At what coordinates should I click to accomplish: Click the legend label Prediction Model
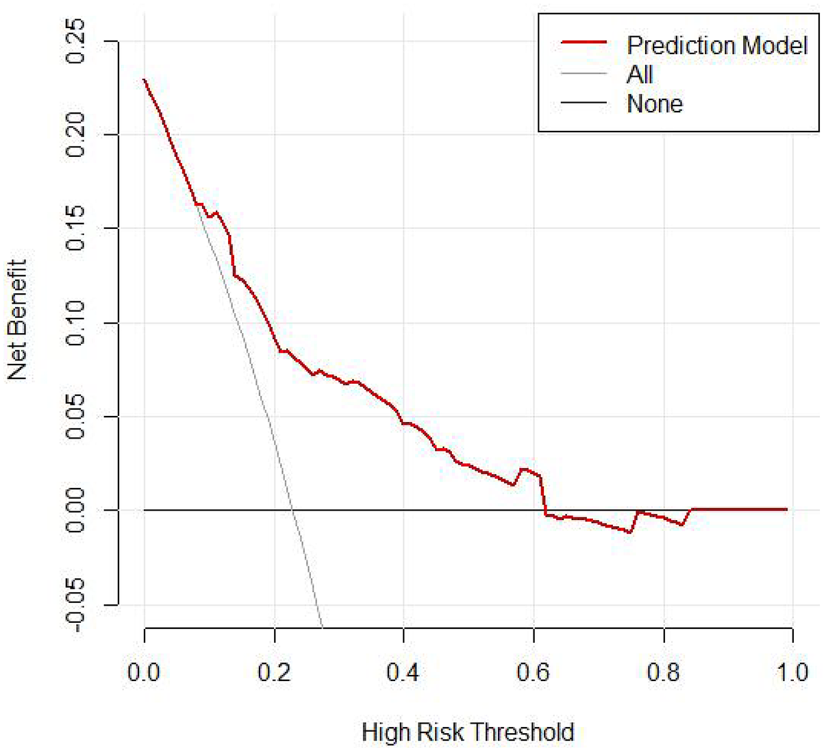coord(716,45)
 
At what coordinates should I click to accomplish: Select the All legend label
coord(640,74)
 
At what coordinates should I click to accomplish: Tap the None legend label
coord(654,103)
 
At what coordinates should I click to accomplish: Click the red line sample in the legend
coord(584,42)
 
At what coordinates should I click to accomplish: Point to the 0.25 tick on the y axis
coord(75,41)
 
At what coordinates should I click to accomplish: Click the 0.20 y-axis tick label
coord(75,135)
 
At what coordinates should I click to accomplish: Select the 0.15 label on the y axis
coord(75,228)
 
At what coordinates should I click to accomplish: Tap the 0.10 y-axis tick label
coord(75,323)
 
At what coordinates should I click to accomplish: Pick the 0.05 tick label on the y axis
coord(75,417)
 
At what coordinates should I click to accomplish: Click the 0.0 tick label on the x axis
coord(144,672)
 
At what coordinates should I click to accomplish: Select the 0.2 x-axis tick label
coord(274,672)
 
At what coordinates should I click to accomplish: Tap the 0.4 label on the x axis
coord(403,672)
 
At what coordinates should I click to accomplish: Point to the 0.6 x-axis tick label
coord(533,672)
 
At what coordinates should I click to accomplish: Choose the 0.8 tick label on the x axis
coord(663,672)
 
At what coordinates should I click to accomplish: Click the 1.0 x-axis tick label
coord(792,672)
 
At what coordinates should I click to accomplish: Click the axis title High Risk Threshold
coord(468,732)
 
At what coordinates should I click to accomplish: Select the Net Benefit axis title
coord(16,319)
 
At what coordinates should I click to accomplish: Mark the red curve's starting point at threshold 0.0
coord(145,79)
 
